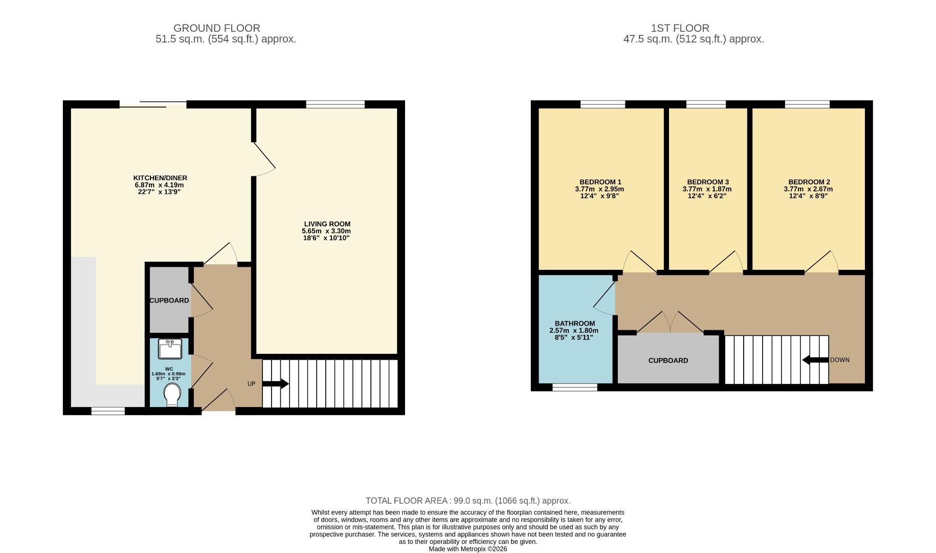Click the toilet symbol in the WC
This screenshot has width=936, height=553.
point(172,395)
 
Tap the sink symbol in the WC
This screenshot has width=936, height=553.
point(170,349)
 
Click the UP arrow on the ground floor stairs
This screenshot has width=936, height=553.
point(276,384)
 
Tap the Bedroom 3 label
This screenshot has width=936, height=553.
point(707,182)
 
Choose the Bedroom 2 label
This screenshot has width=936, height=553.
point(809,182)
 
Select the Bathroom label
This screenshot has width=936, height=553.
point(574,323)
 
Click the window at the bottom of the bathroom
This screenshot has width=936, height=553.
point(574,388)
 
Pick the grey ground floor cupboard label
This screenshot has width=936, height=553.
point(169,301)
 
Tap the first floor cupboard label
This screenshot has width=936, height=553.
point(668,360)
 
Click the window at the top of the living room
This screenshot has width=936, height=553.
point(335,104)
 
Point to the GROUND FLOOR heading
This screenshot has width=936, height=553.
point(216,28)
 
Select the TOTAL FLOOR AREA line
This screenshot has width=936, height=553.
point(467,501)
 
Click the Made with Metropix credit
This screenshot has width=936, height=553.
point(467,549)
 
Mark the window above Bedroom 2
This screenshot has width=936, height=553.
point(807,104)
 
